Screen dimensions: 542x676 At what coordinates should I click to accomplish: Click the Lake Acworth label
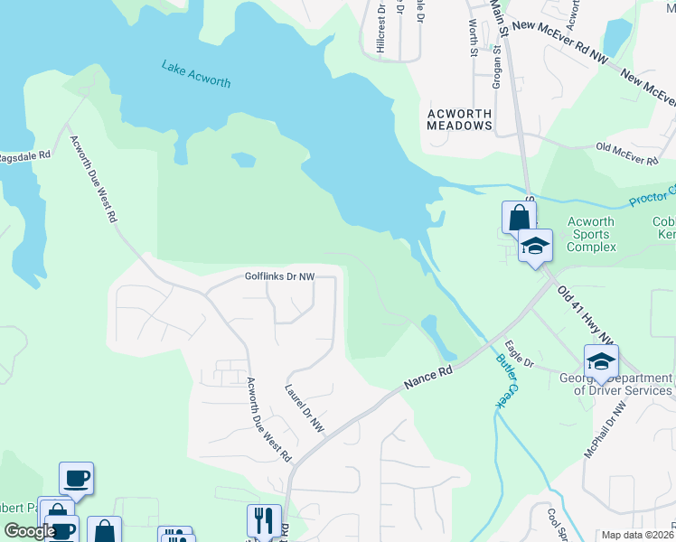point(196,74)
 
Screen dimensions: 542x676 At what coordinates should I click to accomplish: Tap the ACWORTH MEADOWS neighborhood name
point(460,120)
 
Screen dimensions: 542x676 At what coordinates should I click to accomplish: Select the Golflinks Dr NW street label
point(279,276)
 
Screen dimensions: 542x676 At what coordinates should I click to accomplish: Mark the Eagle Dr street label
point(520,353)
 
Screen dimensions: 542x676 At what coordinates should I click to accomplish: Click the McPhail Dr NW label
point(605,431)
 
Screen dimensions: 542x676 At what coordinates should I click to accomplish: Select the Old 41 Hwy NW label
point(587,316)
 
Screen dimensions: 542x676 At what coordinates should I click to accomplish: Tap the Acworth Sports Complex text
point(591,234)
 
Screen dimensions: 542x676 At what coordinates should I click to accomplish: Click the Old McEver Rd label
point(627,154)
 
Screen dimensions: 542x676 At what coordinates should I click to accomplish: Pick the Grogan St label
point(497,63)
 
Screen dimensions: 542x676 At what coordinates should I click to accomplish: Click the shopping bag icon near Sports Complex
point(519,217)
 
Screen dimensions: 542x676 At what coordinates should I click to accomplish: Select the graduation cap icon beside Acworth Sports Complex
point(535,245)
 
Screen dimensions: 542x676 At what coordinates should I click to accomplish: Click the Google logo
point(31,531)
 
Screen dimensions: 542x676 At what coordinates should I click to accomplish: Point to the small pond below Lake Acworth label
point(243,161)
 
